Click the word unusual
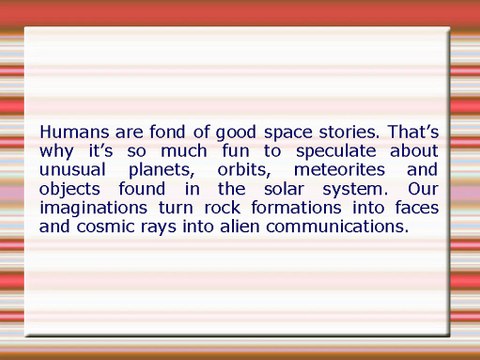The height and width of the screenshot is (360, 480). point(72,169)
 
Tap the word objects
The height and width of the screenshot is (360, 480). point(71,188)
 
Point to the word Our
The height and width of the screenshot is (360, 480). point(422,188)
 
